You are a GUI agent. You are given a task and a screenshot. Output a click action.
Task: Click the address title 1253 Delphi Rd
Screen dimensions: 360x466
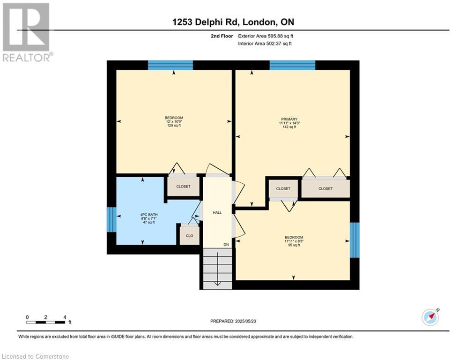tap(232, 22)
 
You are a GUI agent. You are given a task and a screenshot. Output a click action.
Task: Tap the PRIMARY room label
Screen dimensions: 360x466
tap(289, 119)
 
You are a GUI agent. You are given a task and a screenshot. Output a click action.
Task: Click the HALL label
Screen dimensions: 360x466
tap(217, 212)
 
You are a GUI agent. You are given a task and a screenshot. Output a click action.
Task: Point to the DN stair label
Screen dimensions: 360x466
tap(226, 245)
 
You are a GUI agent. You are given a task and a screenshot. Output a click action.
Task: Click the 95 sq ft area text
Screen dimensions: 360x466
tap(294, 245)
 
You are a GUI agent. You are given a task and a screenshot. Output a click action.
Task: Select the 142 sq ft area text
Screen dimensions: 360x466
tap(289, 127)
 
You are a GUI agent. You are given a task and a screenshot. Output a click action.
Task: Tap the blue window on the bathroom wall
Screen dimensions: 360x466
tap(111, 219)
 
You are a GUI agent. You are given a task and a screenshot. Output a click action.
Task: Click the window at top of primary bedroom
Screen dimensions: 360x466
tap(292, 65)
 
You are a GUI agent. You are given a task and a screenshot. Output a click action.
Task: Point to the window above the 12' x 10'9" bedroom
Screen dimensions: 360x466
tap(170, 65)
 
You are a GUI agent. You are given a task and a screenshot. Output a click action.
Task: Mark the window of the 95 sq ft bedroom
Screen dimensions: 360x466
tap(355, 240)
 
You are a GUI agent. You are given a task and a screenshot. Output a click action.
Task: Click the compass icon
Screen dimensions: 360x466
tap(430, 317)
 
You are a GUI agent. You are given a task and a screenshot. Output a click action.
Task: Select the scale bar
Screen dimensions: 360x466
tap(46, 322)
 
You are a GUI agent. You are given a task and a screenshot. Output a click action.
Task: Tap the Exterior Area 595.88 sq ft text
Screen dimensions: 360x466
tap(266, 36)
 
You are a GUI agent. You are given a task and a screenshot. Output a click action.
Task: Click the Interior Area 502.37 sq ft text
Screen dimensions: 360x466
tap(265, 44)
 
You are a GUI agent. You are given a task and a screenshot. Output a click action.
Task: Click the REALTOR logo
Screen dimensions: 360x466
tap(27, 32)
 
